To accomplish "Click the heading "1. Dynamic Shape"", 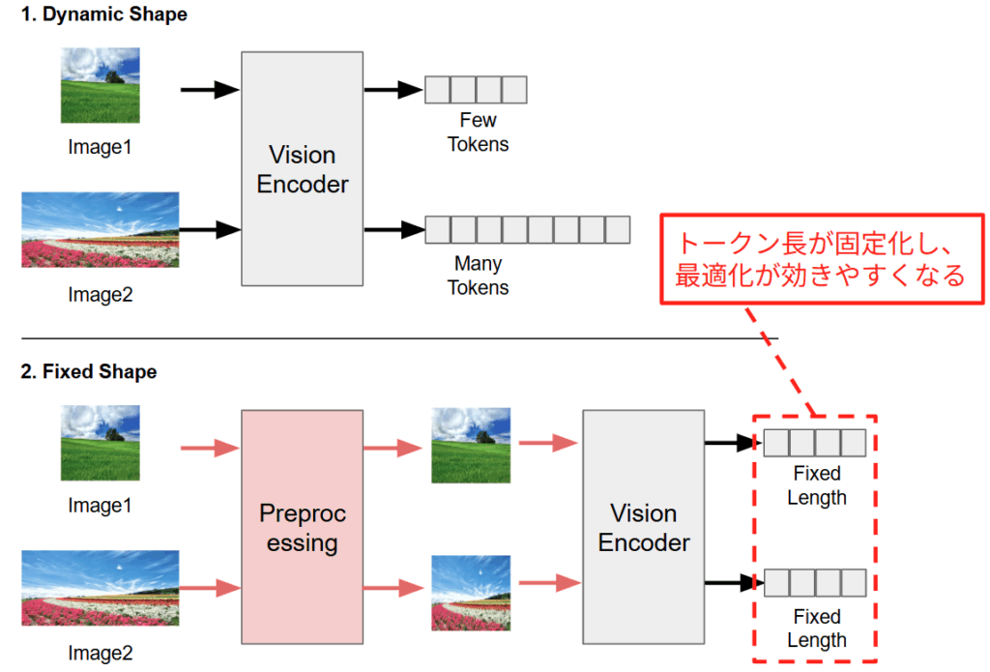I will click(x=105, y=15).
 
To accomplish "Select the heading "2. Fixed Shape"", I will click(x=90, y=372).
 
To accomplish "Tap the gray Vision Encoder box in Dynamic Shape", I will click(x=302, y=168).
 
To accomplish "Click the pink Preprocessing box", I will click(x=302, y=527).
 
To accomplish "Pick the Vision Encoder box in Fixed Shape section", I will click(x=643, y=527).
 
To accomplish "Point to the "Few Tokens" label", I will click(x=478, y=132).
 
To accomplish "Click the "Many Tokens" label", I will click(x=478, y=275).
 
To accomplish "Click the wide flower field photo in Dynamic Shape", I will click(x=100, y=230).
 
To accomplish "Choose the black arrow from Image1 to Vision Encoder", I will click(x=210, y=90).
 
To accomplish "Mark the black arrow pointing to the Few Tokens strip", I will click(x=393, y=90).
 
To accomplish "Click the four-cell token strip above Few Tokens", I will click(x=476, y=90).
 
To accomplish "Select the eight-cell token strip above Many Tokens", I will click(x=527, y=230).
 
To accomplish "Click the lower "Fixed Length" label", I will click(x=817, y=628).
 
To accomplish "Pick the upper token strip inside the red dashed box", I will click(x=814, y=443).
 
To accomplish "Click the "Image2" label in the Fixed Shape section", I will click(x=100, y=654).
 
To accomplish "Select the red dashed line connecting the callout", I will click(x=781, y=360).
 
